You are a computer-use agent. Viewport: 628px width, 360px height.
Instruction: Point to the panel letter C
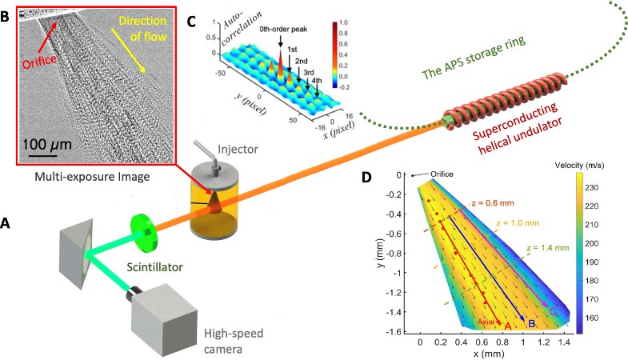[x=190, y=21]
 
